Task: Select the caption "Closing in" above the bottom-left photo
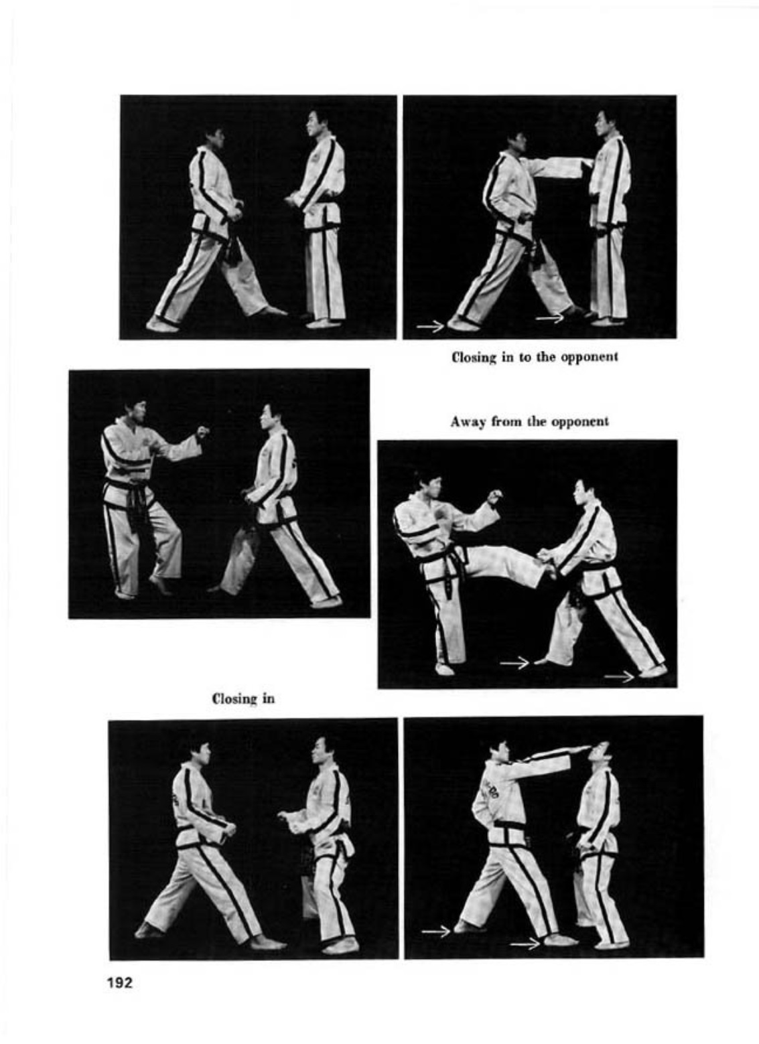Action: click(x=243, y=698)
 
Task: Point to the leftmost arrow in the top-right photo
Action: click(x=430, y=327)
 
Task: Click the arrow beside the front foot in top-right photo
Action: click(x=550, y=318)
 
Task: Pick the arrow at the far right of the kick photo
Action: click(x=619, y=676)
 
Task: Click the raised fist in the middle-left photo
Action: click(x=203, y=432)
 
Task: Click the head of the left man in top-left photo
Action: click(x=215, y=137)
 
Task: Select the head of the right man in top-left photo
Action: click(x=317, y=123)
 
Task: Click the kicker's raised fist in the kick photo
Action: click(x=494, y=496)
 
